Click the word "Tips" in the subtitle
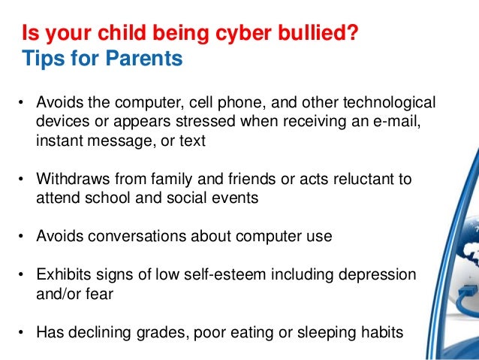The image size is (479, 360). [x=44, y=58]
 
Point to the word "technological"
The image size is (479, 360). [x=390, y=101]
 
